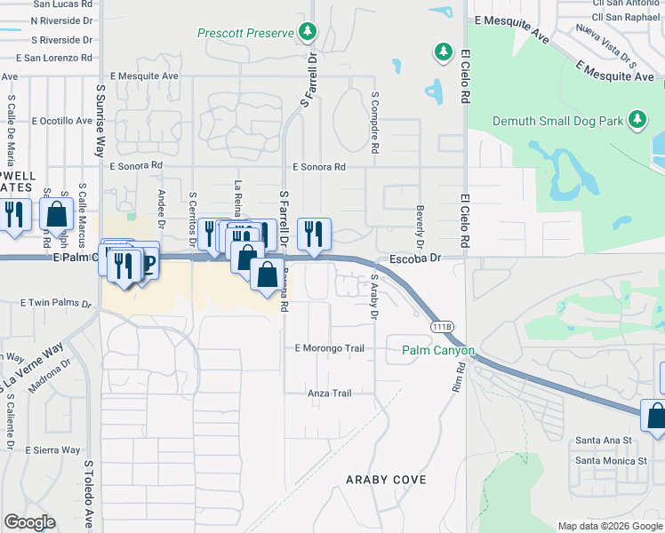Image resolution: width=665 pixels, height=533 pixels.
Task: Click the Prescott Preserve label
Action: tap(244, 34)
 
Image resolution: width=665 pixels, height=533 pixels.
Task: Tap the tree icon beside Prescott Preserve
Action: tap(308, 33)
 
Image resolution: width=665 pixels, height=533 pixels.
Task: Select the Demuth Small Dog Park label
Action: tap(558, 120)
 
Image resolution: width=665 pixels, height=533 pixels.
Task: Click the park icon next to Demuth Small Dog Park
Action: tap(637, 119)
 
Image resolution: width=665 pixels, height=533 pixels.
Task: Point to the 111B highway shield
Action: tap(442, 327)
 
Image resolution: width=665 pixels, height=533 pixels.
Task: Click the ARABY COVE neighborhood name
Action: tap(386, 480)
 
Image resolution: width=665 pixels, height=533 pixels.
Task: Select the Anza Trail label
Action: tap(330, 393)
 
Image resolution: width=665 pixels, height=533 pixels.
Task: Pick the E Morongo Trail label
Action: tap(330, 348)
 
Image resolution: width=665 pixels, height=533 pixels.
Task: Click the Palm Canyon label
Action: tap(437, 350)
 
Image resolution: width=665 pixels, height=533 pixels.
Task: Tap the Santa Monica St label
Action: tap(611, 461)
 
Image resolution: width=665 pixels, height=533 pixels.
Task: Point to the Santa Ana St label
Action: tap(603, 440)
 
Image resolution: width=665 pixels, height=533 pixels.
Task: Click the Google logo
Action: tap(30, 522)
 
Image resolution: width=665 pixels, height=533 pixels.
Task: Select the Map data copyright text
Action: tap(610, 526)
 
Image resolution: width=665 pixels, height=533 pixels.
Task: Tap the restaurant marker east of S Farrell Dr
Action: tap(314, 235)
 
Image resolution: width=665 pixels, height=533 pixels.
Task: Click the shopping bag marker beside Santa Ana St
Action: tap(656, 417)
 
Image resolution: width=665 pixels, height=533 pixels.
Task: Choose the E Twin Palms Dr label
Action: tap(55, 303)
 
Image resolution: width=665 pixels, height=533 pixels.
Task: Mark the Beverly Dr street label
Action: tap(419, 227)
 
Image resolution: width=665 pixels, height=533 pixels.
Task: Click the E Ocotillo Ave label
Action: tap(62, 120)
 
